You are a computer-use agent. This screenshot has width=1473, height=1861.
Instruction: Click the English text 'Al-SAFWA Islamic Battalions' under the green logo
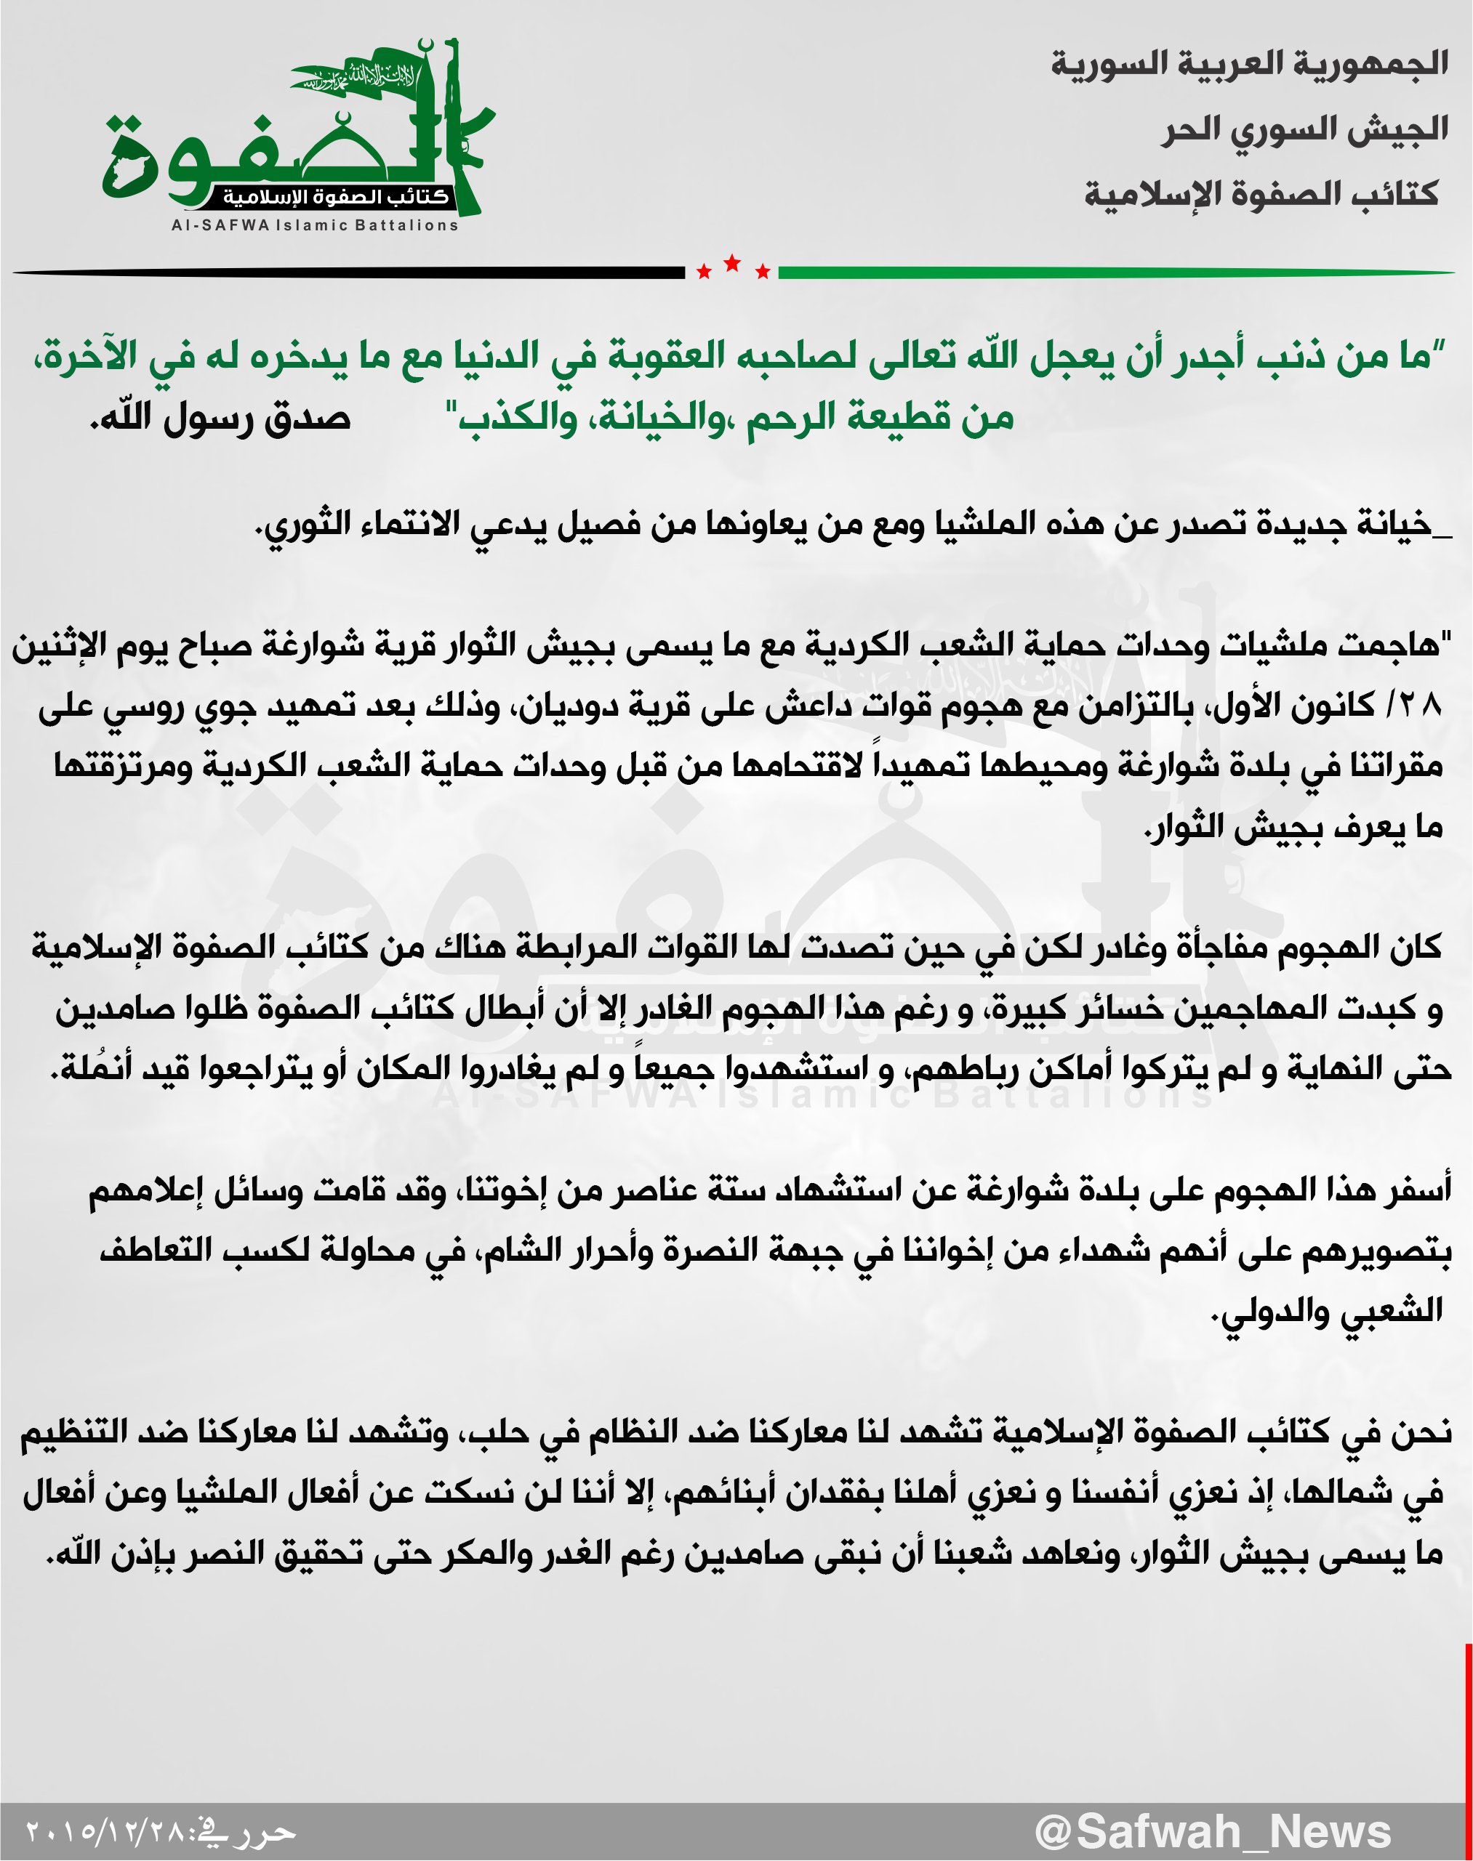click(315, 226)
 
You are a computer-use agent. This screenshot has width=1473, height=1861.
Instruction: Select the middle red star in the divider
click(732, 263)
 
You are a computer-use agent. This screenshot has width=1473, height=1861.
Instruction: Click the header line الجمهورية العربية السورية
click(1249, 64)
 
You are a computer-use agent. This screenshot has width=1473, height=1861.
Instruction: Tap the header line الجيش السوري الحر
click(1304, 129)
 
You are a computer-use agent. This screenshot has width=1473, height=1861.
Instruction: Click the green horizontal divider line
click(1112, 273)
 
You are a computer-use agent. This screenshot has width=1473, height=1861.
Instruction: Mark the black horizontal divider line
click(345, 273)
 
